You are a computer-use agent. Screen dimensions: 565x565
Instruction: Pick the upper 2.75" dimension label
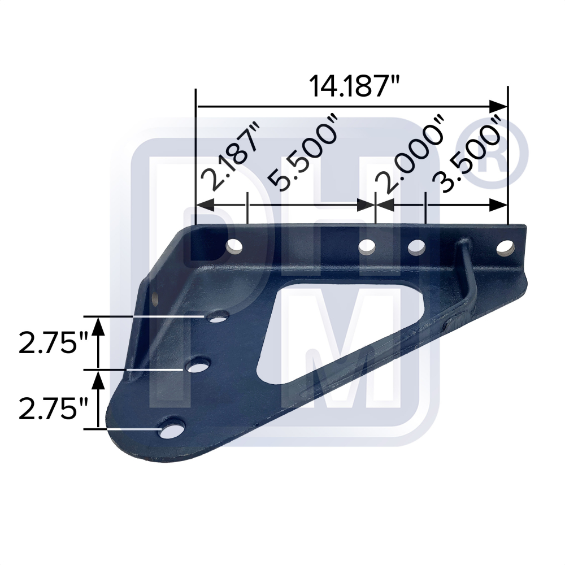(54, 344)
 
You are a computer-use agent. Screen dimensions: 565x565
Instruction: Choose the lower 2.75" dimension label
(54, 408)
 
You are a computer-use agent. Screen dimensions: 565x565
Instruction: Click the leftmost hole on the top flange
(234, 246)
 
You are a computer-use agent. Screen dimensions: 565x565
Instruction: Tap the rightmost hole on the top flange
(505, 246)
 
